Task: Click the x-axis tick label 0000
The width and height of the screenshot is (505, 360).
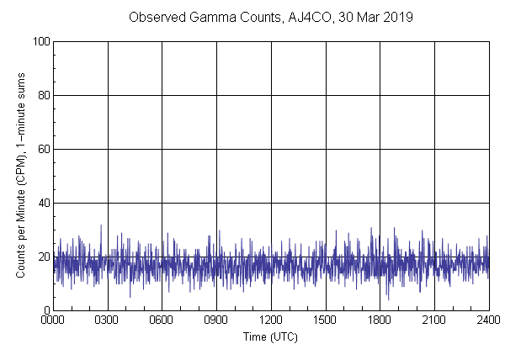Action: coord(53,320)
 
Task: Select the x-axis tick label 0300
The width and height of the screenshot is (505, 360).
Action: coord(108,320)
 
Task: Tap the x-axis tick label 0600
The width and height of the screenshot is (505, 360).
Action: coord(162,320)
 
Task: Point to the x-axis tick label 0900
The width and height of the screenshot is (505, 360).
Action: coord(216,320)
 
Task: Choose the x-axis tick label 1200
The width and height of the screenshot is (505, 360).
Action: coord(271,320)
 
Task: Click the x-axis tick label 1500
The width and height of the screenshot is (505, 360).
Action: coord(326,320)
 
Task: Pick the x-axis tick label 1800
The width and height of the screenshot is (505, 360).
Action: coord(380,320)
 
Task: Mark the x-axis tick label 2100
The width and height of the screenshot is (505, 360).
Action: coord(434,320)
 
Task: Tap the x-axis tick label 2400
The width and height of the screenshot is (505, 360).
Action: coord(488,320)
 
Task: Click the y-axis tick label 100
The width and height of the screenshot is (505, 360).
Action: coord(40,41)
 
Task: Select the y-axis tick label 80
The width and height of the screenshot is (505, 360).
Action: coord(43,95)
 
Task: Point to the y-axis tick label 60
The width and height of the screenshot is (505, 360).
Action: coord(43,149)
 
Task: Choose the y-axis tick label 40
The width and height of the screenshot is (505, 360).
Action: coord(43,203)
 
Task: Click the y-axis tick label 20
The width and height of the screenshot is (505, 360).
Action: coord(43,257)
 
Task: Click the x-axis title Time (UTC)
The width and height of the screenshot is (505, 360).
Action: coord(270,336)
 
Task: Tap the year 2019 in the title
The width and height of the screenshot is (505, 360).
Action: coord(398,17)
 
